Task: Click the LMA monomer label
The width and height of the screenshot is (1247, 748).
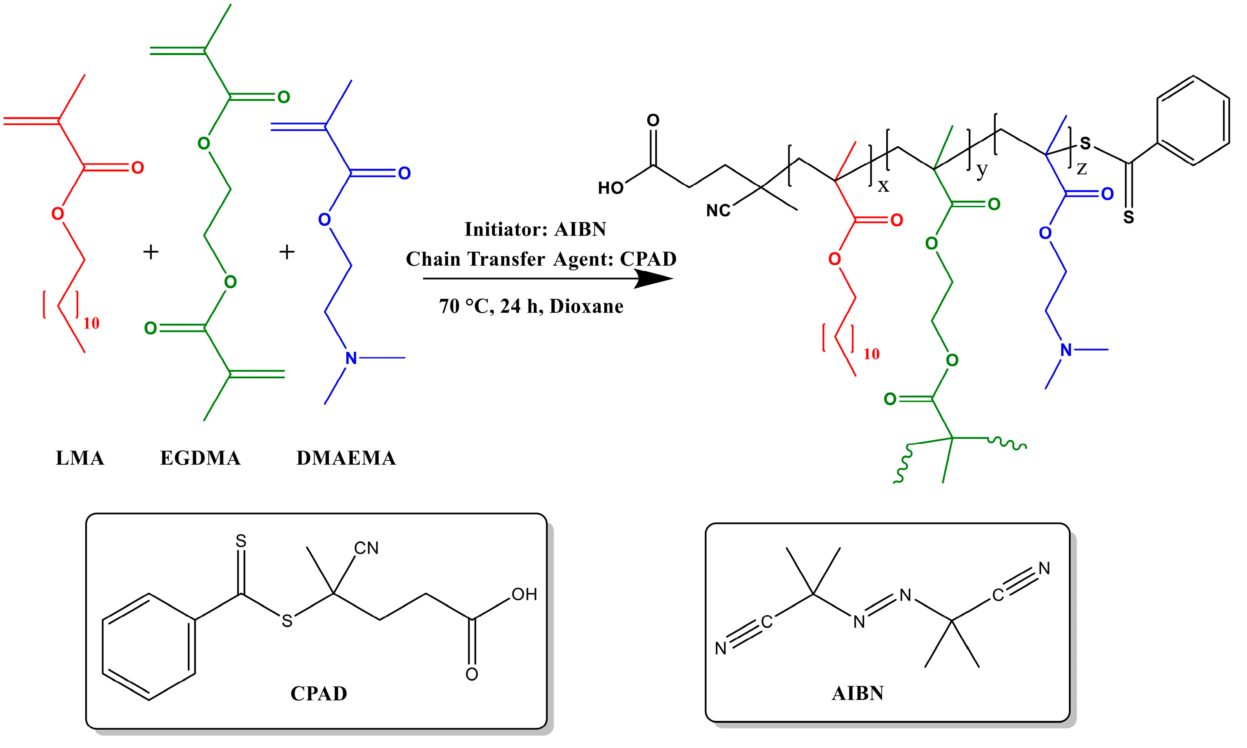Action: tap(80, 458)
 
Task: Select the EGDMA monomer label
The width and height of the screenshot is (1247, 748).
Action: tap(200, 458)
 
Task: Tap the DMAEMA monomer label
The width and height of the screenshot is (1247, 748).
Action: tap(346, 458)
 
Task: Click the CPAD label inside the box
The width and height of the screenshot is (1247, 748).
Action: tap(319, 694)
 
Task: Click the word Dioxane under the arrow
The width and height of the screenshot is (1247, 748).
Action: tap(586, 306)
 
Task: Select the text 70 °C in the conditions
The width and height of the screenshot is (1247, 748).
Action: tap(463, 306)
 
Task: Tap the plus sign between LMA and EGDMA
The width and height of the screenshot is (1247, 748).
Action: tap(151, 251)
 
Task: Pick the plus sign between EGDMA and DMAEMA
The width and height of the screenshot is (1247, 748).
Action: tap(287, 251)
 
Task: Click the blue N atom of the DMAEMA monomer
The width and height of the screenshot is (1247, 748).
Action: tap(351, 358)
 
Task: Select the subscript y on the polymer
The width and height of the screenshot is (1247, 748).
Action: tap(981, 170)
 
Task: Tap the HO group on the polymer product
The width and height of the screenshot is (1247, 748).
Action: tap(610, 189)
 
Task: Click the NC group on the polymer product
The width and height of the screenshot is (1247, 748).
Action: tap(718, 211)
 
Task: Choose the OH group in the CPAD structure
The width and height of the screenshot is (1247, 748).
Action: tap(524, 594)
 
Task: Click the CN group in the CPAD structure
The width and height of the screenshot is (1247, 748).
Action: tap(366, 548)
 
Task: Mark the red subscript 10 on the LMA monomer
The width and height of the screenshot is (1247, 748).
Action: tap(91, 323)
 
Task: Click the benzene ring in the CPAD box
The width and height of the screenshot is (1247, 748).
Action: tap(149, 647)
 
